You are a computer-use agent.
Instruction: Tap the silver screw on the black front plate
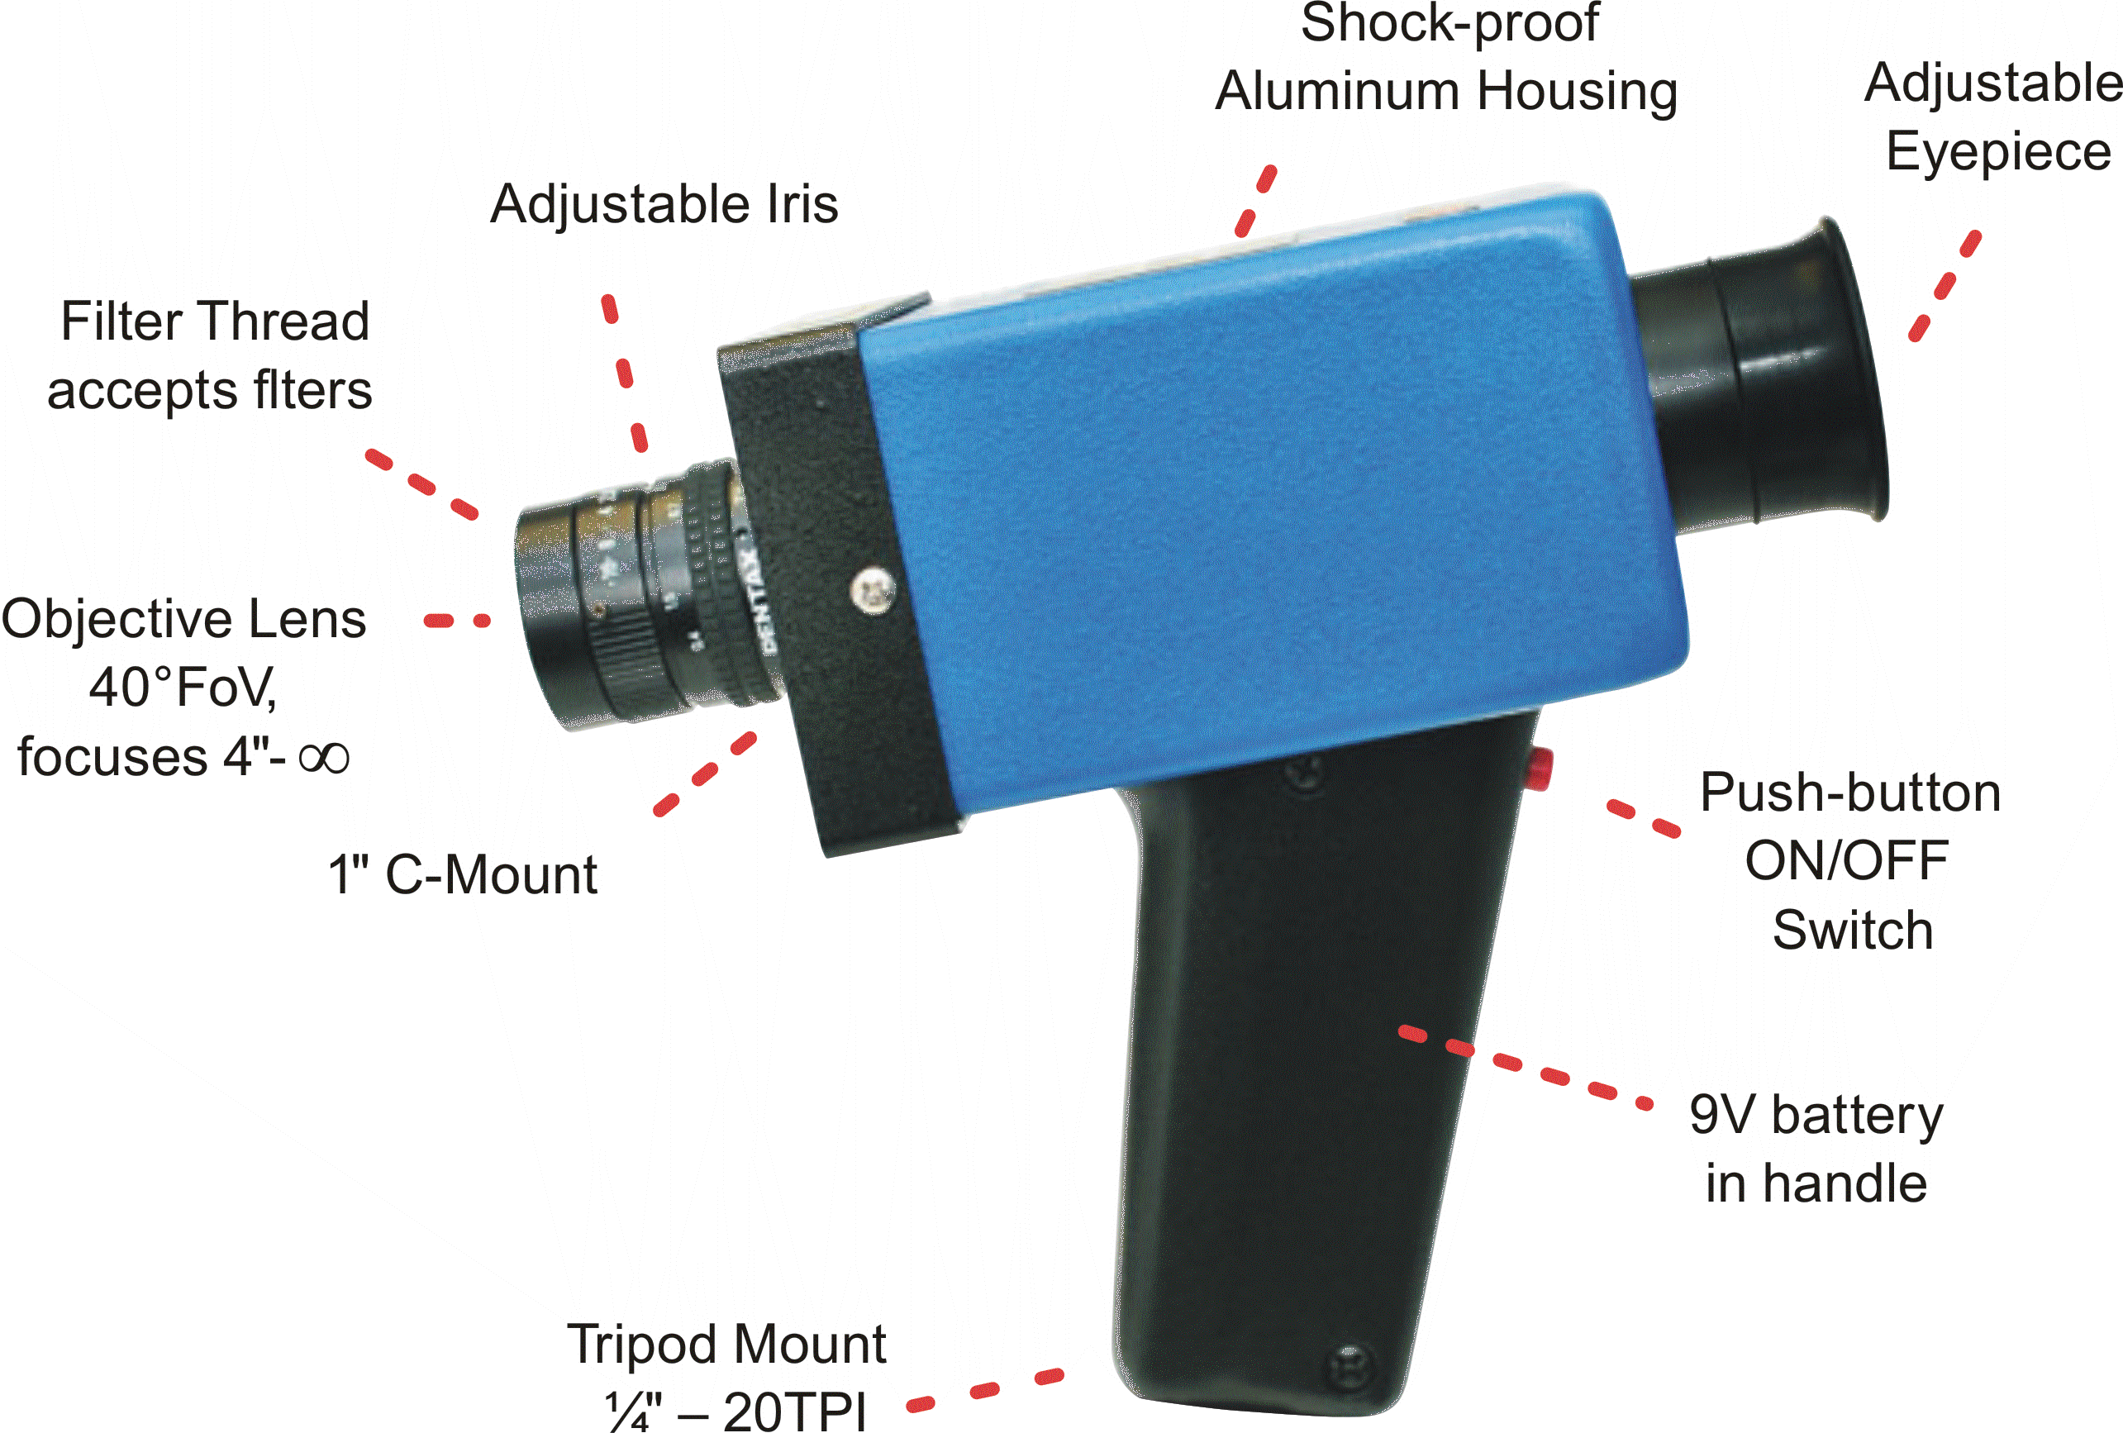point(873,590)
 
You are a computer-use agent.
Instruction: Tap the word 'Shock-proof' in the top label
point(1449,23)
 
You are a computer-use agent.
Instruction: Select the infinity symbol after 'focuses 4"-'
point(323,756)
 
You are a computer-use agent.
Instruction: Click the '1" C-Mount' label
point(462,874)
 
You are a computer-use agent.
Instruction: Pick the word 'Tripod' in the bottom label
point(645,1345)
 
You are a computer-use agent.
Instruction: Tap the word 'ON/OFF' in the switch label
point(1847,860)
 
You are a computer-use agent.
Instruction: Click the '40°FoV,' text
point(183,687)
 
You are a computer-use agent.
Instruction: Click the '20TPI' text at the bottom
point(794,1412)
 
